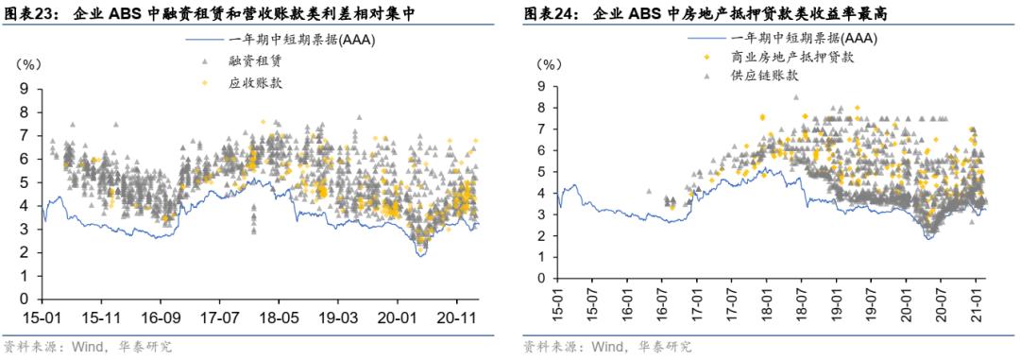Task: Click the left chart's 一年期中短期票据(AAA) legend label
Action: [x=289, y=40]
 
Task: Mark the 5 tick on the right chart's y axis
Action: [x=540, y=172]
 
